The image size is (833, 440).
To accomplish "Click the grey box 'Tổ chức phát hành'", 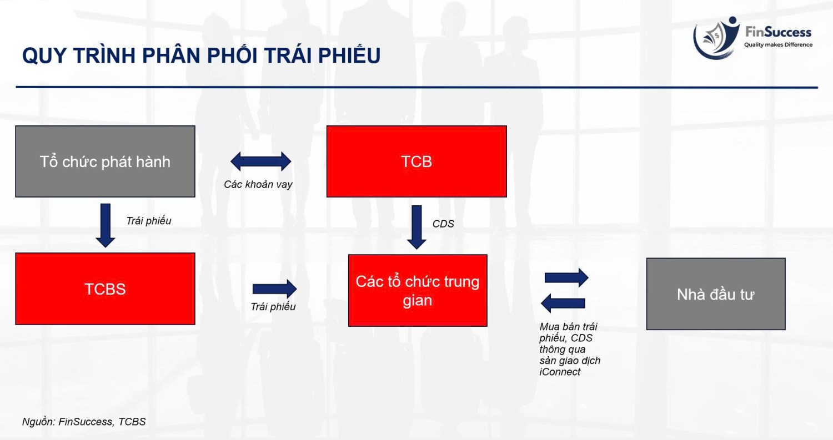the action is pyautogui.click(x=106, y=161).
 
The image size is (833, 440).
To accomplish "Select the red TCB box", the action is pyautogui.click(x=416, y=161).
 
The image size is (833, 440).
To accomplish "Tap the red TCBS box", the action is pyautogui.click(x=106, y=289).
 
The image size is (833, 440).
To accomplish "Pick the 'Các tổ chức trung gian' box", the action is pyautogui.click(x=418, y=291).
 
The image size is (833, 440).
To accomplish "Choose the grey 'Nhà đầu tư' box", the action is pyautogui.click(x=716, y=294).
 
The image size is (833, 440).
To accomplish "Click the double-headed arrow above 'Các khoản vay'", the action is pyautogui.click(x=260, y=161).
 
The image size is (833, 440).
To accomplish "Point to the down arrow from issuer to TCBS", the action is pyautogui.click(x=106, y=226).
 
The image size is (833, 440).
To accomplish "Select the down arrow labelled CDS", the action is pyautogui.click(x=416, y=227).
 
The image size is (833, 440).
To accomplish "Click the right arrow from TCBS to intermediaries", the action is pyautogui.click(x=274, y=289).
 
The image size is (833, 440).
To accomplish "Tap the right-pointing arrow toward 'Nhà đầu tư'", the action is pyautogui.click(x=566, y=277).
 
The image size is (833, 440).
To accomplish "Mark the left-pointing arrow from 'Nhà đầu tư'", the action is pyautogui.click(x=563, y=304).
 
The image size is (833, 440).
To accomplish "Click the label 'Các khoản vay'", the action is pyautogui.click(x=258, y=185).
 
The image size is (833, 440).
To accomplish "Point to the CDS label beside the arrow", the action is pyautogui.click(x=443, y=224).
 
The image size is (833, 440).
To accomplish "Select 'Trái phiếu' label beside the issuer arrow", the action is pyautogui.click(x=149, y=221).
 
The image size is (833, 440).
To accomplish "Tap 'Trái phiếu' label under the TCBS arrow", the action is pyautogui.click(x=273, y=307).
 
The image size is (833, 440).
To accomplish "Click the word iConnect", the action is pyautogui.click(x=560, y=372).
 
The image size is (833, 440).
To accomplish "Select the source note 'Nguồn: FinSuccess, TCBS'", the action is pyautogui.click(x=84, y=422).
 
